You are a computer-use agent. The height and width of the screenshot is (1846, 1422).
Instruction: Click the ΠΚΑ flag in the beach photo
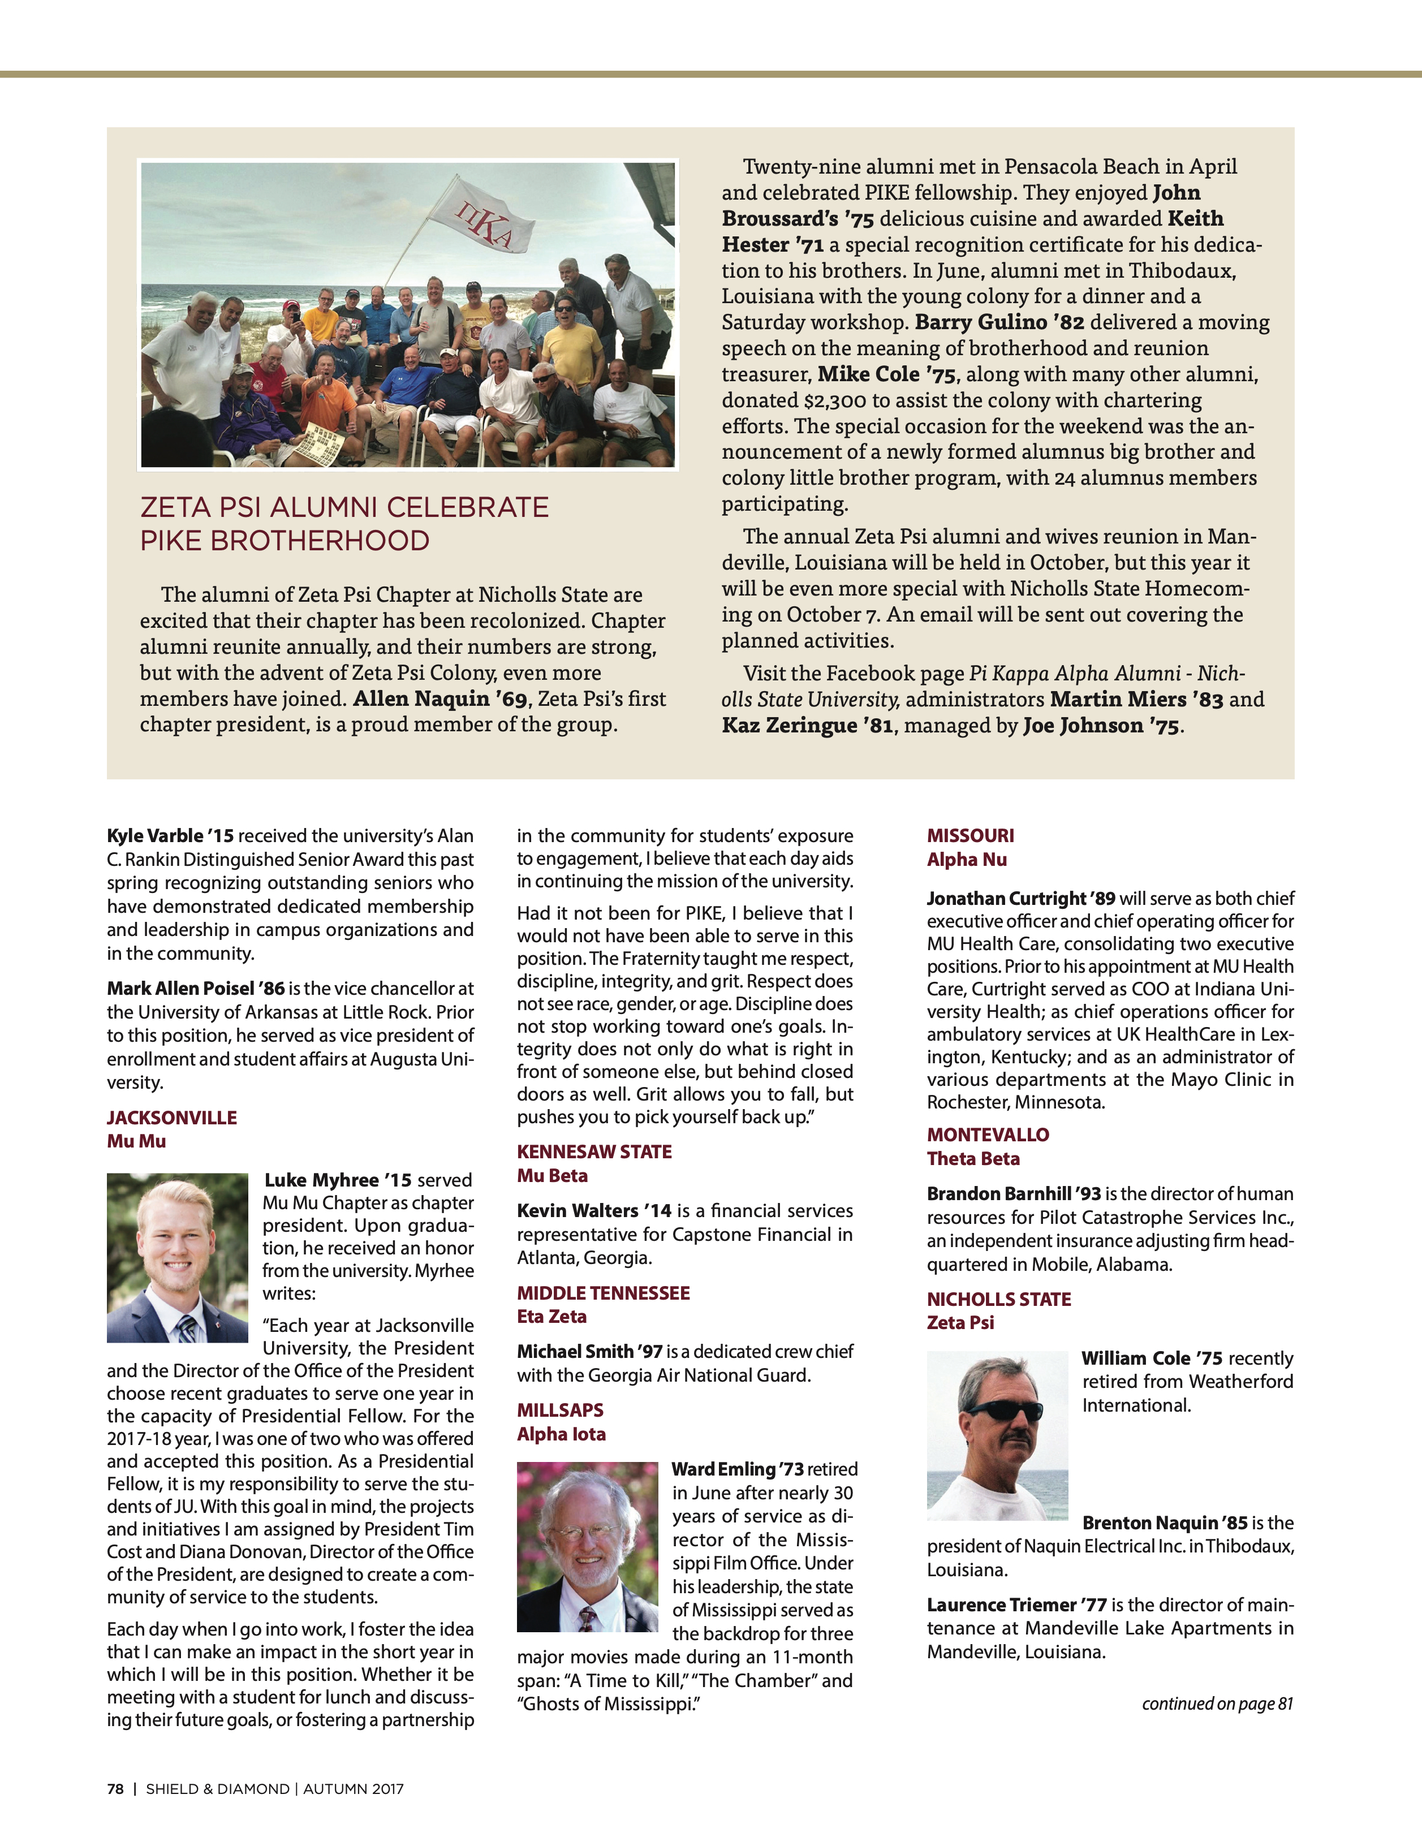click(x=484, y=215)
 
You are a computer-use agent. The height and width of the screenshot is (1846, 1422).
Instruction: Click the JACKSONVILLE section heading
click(x=171, y=1118)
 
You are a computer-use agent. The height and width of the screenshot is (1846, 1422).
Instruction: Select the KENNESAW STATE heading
click(x=594, y=1151)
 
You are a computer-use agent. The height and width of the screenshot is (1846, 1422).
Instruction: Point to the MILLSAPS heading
click(x=561, y=1410)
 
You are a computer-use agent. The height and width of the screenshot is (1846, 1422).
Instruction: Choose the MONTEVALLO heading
click(x=988, y=1135)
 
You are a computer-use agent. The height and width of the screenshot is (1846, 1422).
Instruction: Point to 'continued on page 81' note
click(x=1217, y=1703)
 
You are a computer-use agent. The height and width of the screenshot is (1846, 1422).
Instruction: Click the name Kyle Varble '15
click(x=170, y=836)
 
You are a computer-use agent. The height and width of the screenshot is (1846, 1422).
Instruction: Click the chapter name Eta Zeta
click(x=551, y=1316)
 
